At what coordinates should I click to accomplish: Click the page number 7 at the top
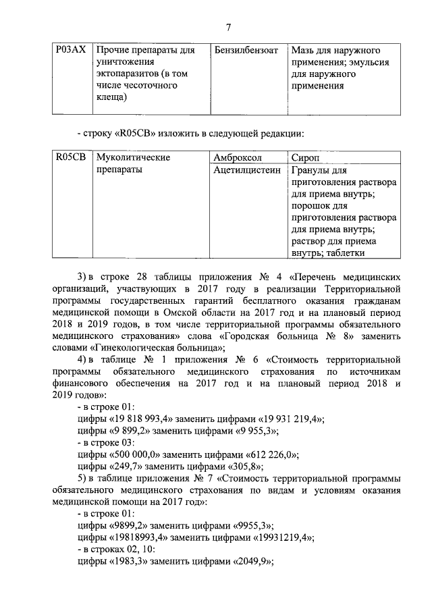(228, 27)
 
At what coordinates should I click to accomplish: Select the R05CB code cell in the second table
(70, 157)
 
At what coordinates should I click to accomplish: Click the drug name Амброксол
(237, 157)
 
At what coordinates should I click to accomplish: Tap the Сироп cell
(304, 157)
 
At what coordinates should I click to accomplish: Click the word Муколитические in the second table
(133, 157)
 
